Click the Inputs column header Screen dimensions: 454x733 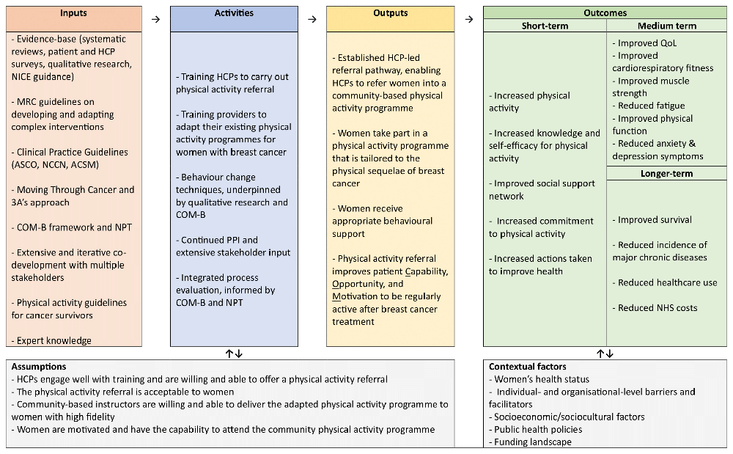click(74, 13)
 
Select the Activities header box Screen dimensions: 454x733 click(234, 13)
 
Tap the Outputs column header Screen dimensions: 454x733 click(390, 13)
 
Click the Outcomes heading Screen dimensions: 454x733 click(605, 13)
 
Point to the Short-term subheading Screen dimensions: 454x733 click(545, 26)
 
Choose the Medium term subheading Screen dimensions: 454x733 click(666, 26)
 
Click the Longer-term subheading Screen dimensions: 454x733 click(666, 174)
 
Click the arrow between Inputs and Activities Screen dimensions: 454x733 click(155, 19)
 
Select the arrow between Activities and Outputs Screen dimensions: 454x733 click(312, 19)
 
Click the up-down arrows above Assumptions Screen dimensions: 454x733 click(234, 354)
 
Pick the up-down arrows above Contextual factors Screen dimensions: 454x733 click(605, 354)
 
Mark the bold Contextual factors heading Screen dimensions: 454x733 click(527, 367)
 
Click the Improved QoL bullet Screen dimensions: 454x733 click(647, 43)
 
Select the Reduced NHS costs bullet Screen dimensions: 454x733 click(657, 308)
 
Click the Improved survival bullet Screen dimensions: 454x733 click(654, 220)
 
